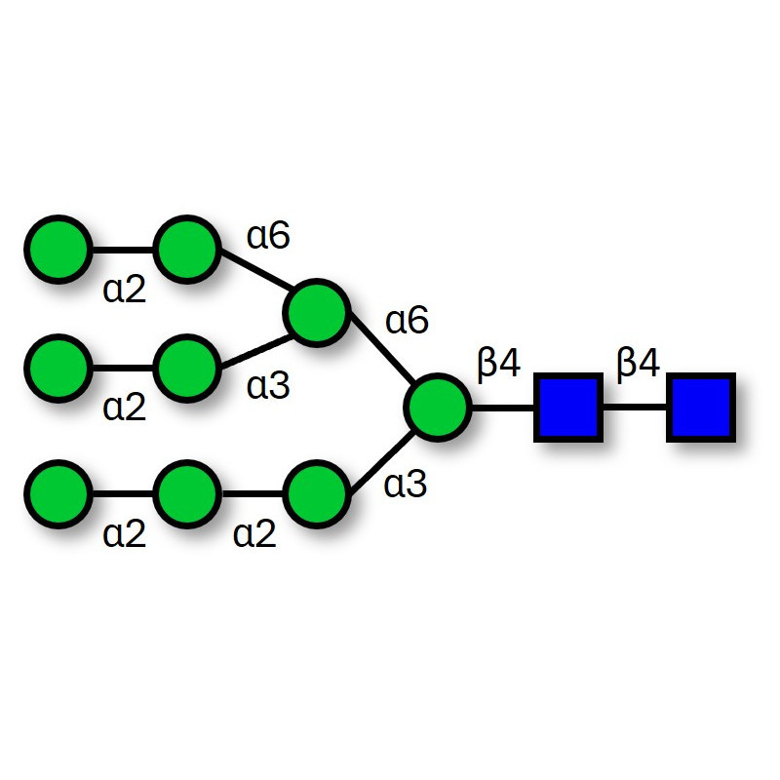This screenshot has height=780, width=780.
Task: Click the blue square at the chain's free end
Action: [699, 408]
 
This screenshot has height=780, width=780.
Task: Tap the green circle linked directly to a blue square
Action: [439, 408]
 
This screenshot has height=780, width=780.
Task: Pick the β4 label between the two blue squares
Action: [638, 364]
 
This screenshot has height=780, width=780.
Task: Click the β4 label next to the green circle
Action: [499, 364]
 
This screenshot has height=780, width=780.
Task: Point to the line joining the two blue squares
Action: [633, 408]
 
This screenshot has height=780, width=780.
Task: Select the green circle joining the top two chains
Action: [316, 314]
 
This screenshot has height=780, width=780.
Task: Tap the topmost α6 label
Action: [268, 236]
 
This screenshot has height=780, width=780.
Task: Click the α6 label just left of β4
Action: [407, 320]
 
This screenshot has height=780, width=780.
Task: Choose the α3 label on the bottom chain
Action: [407, 485]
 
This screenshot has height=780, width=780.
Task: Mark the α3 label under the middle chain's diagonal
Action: [268, 386]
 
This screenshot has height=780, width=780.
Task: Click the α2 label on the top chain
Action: [125, 290]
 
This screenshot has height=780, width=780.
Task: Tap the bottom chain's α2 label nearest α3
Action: [255, 533]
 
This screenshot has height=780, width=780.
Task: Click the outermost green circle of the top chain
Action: [58, 251]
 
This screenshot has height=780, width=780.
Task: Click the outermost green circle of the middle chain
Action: [58, 369]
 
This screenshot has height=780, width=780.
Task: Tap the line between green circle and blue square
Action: [503, 408]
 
